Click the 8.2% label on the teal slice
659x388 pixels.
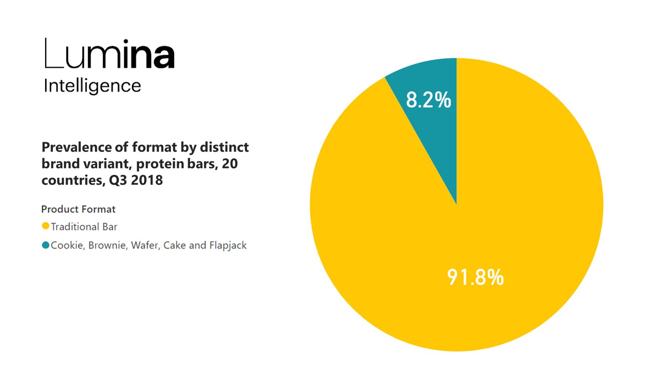(428, 100)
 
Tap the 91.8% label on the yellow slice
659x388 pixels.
(475, 278)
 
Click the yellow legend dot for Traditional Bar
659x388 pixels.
(46, 226)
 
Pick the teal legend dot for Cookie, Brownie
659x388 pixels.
(46, 245)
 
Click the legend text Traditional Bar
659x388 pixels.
(84, 227)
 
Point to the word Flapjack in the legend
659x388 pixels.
(228, 246)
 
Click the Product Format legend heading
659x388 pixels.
(78, 209)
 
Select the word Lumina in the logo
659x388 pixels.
(109, 55)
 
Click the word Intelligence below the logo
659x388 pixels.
(92, 86)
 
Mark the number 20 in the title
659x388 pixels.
(230, 164)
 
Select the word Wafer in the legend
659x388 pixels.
(146, 245)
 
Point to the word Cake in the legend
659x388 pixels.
(174, 245)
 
